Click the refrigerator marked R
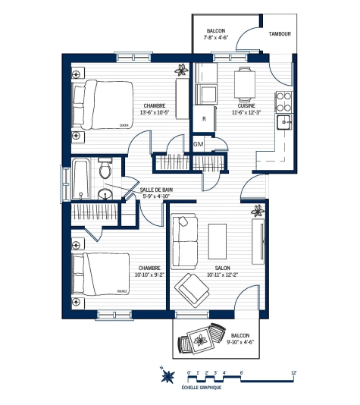(x=204, y=119)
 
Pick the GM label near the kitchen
(x=199, y=144)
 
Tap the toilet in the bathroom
(x=105, y=169)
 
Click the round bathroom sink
(x=106, y=195)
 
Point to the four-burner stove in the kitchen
(x=283, y=100)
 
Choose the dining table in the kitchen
(x=243, y=83)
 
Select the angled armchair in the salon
(x=193, y=289)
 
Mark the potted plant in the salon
(x=258, y=210)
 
